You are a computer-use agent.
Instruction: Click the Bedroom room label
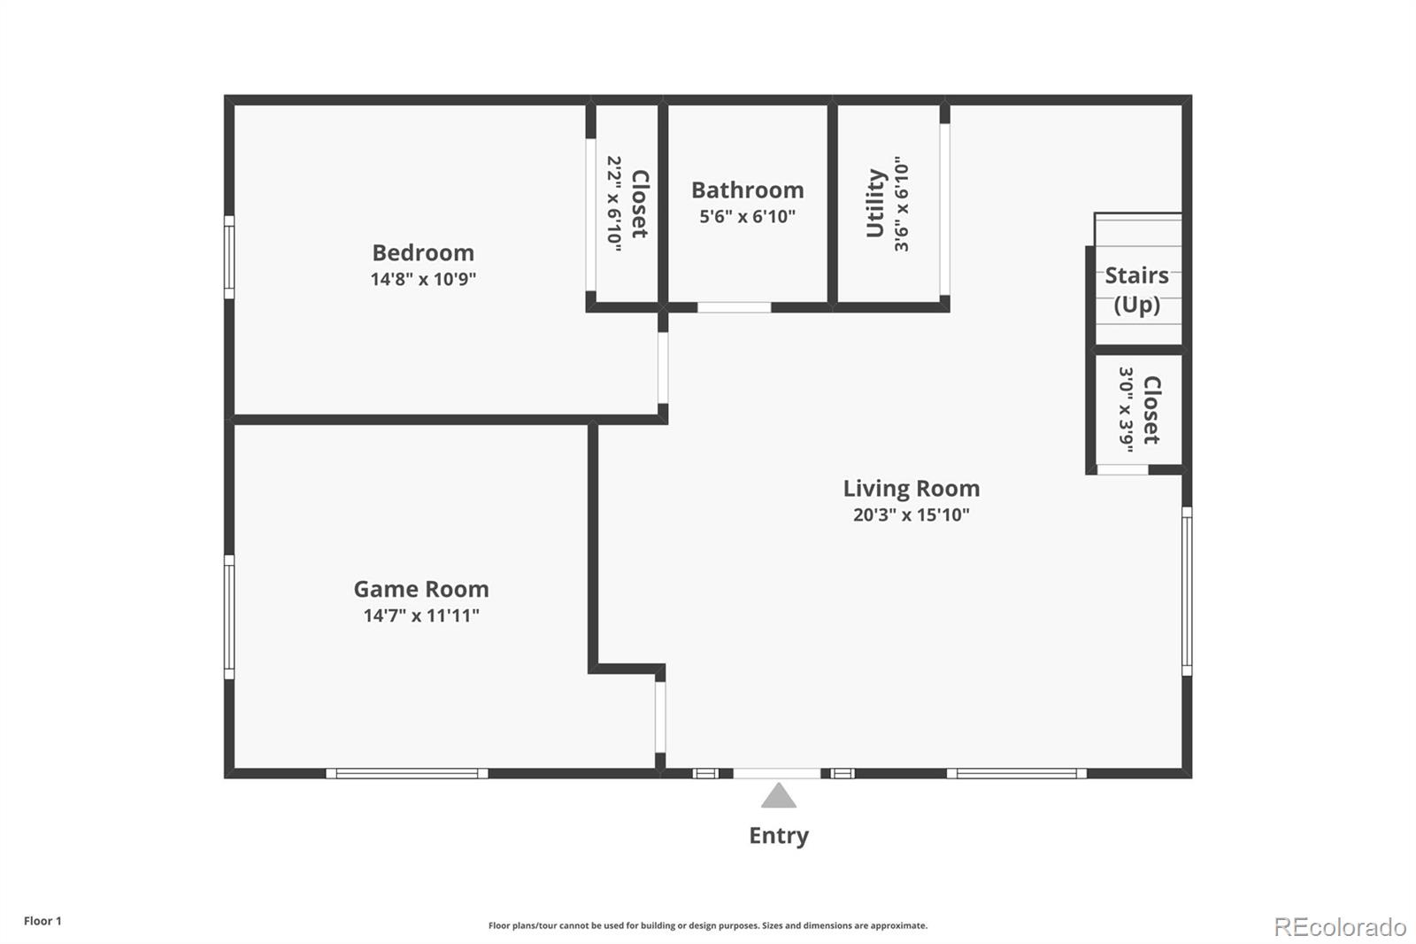(x=423, y=253)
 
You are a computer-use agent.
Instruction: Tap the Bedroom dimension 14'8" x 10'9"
(x=423, y=280)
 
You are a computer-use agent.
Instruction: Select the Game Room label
(x=421, y=590)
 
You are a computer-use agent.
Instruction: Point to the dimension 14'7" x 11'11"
(x=421, y=615)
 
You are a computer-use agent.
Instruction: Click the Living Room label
(x=911, y=489)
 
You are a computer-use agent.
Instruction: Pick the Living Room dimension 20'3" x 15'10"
(x=911, y=515)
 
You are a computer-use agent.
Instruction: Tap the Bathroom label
(x=747, y=190)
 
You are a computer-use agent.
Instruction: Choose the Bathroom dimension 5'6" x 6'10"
(x=747, y=217)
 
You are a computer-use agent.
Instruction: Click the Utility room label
(x=875, y=204)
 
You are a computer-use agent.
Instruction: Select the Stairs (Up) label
(x=1136, y=290)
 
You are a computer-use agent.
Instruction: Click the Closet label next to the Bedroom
(x=640, y=204)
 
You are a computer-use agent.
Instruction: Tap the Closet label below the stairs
(x=1151, y=410)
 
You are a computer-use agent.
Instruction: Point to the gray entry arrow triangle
(x=779, y=797)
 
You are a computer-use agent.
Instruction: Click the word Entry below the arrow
(x=779, y=835)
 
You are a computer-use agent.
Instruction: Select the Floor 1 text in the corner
(x=42, y=921)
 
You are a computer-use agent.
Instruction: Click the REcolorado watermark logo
(x=1340, y=927)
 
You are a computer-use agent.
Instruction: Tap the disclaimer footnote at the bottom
(x=708, y=925)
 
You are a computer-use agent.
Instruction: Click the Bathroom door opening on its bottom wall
(x=734, y=307)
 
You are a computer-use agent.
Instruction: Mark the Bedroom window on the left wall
(x=229, y=257)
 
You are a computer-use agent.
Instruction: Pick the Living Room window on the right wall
(x=1187, y=591)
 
